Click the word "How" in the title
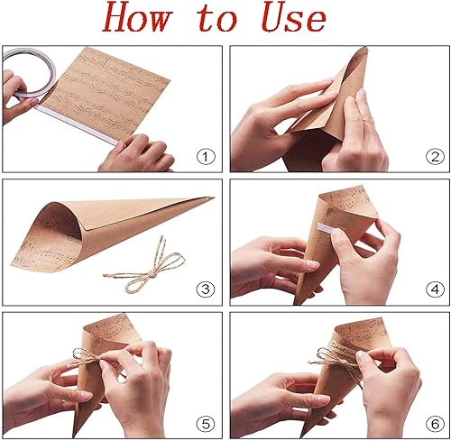[x=149, y=18]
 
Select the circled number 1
[x=207, y=158]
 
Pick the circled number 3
[x=207, y=289]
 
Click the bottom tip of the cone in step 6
[x=307, y=431]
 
